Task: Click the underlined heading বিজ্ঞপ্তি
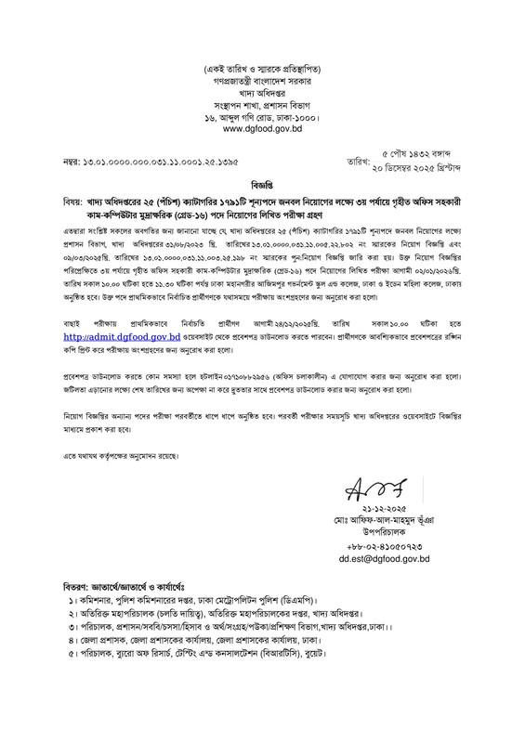point(262,184)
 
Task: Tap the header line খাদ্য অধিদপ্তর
point(262,91)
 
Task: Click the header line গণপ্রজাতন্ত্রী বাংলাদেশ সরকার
point(262,80)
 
